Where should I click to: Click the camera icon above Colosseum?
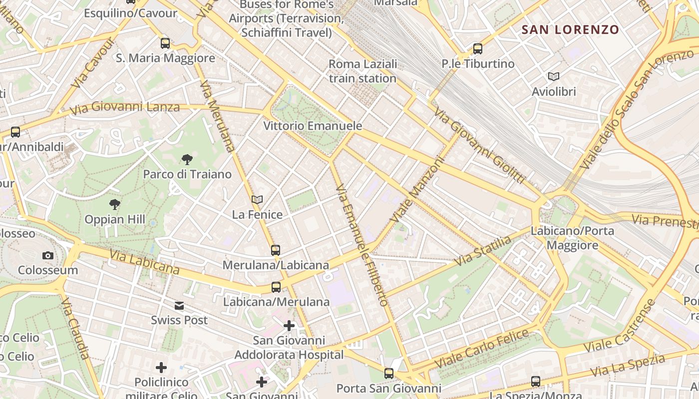point(48,256)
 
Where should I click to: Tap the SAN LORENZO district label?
point(570,29)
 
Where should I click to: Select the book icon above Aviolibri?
point(553,76)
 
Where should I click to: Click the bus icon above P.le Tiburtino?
point(478,49)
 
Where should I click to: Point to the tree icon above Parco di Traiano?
point(187,160)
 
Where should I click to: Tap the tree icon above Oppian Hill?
point(115,204)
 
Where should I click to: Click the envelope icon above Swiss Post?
point(179,306)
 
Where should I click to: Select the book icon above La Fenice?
point(257,200)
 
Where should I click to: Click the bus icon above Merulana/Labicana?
point(276,250)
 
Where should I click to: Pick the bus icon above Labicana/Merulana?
point(276,287)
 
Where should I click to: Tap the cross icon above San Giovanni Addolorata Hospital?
point(289,326)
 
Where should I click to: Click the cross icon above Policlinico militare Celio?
point(161,368)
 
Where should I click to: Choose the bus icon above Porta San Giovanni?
point(389,373)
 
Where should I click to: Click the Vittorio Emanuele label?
point(313,126)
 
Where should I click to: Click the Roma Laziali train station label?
point(363,71)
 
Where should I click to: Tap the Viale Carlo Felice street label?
point(481,349)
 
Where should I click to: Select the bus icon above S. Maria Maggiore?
point(165,43)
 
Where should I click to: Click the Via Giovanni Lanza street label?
point(125,107)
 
